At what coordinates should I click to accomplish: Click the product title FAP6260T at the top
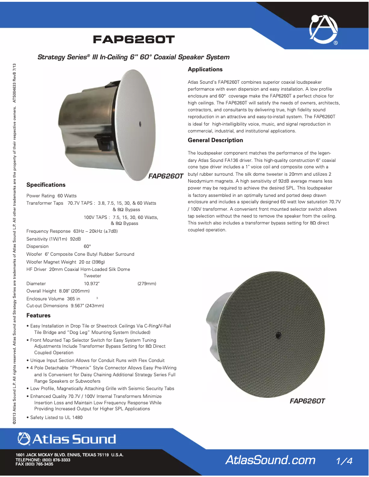[134, 40]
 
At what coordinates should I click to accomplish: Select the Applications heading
[205, 69]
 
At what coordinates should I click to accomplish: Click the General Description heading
[215, 140]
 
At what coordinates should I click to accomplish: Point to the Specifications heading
[46, 185]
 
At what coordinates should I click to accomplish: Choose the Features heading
[38, 316]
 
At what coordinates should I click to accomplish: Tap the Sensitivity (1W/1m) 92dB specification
[54, 239]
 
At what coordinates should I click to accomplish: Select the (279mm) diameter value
[147, 284]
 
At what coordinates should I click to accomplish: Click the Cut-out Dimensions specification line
[65, 305]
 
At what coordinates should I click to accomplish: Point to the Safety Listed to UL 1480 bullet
[57, 418]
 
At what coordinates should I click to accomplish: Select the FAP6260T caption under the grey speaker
[307, 401]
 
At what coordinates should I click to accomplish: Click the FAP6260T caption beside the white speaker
[166, 176]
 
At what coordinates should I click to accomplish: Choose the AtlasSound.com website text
[270, 460]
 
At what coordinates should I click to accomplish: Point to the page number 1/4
[344, 460]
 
